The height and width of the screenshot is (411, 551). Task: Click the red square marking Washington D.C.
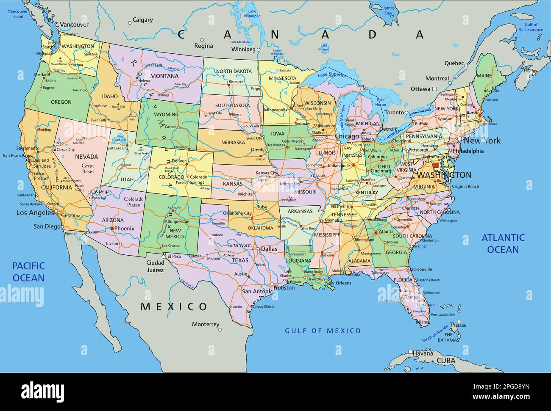click(x=436, y=165)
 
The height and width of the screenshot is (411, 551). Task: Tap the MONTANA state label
click(x=164, y=76)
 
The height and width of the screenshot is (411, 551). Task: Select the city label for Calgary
click(x=143, y=20)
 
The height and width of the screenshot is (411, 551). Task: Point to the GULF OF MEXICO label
click(x=323, y=331)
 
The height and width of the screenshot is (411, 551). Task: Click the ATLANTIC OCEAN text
click(x=503, y=243)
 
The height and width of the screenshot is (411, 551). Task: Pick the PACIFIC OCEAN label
click(x=28, y=272)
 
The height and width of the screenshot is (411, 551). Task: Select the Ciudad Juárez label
click(x=155, y=266)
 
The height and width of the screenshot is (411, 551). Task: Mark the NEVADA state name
click(x=86, y=157)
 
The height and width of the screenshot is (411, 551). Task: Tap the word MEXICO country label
click(x=174, y=306)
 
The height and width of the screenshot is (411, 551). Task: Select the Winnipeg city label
click(x=243, y=50)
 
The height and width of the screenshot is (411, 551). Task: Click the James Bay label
click(x=388, y=11)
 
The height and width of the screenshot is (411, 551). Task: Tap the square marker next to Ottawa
click(x=434, y=89)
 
